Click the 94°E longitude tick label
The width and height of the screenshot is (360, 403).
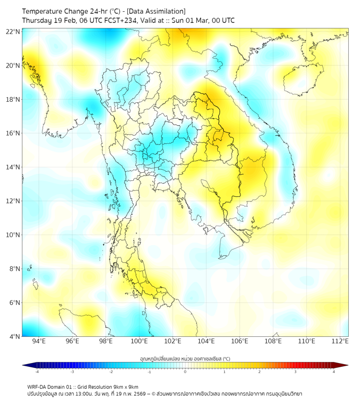pos(39,341)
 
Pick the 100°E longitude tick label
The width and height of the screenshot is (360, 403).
pos(139,341)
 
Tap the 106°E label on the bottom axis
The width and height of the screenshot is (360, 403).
pos(240,341)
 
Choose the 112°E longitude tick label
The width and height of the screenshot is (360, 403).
pos(340,341)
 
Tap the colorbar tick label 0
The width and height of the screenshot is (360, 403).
pos(185,372)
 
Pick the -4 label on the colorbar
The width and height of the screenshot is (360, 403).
pos(36,372)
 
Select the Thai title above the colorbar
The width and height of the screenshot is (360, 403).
pos(185,358)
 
